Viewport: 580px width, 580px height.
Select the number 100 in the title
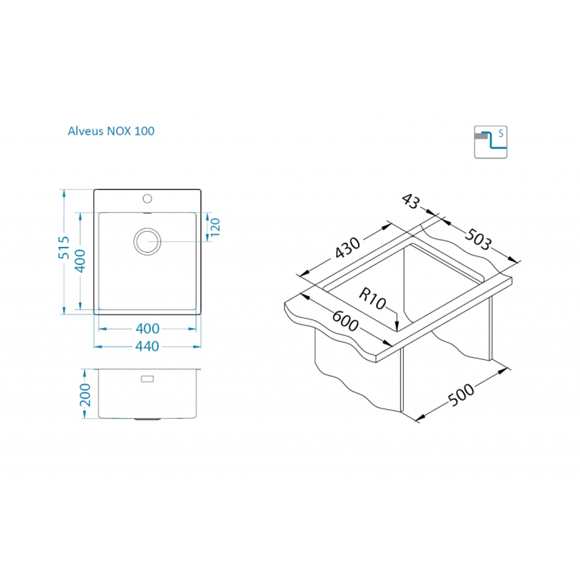pyautogui.click(x=145, y=131)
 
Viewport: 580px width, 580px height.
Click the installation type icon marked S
pyautogui.click(x=491, y=141)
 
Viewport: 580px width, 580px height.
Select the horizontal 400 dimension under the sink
pyautogui.click(x=147, y=328)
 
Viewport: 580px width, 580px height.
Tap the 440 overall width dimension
pyautogui.click(x=147, y=347)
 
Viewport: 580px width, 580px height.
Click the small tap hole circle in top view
pyautogui.click(x=147, y=197)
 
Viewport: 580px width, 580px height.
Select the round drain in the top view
pyautogui.click(x=147, y=241)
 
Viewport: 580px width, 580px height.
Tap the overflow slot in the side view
pyautogui.click(x=147, y=379)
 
